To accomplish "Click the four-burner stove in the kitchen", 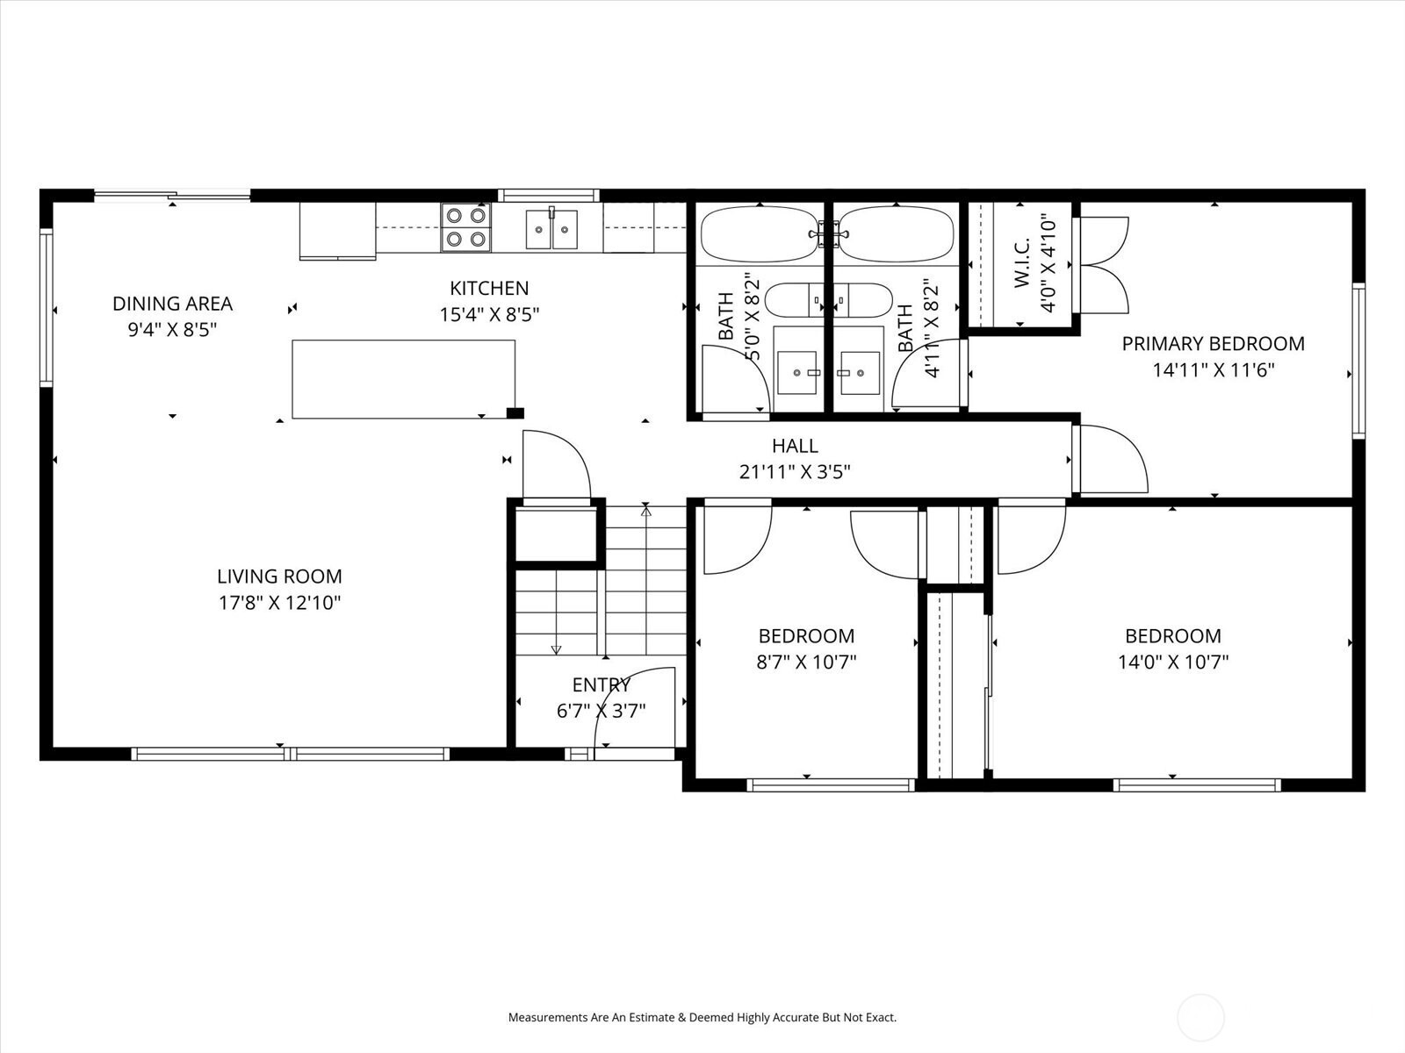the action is pos(466,227).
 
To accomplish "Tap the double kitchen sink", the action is pos(551,229).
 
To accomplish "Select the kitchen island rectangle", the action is pos(404,379).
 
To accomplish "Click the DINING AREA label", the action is pos(172,304).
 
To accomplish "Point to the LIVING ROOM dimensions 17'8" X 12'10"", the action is pos(280,603).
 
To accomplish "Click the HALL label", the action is pos(795,446).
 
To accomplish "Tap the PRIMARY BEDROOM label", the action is pos(1213,344).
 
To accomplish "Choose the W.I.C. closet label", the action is pos(1022,262).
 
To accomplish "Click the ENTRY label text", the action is pos(602,685).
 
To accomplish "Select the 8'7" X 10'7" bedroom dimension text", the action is pos(806,662).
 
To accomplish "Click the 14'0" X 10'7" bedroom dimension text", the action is pos(1173,662).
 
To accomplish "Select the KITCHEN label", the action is pos(489,289).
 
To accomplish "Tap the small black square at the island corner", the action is pos(515,413).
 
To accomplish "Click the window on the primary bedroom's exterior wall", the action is pos(1358,361).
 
